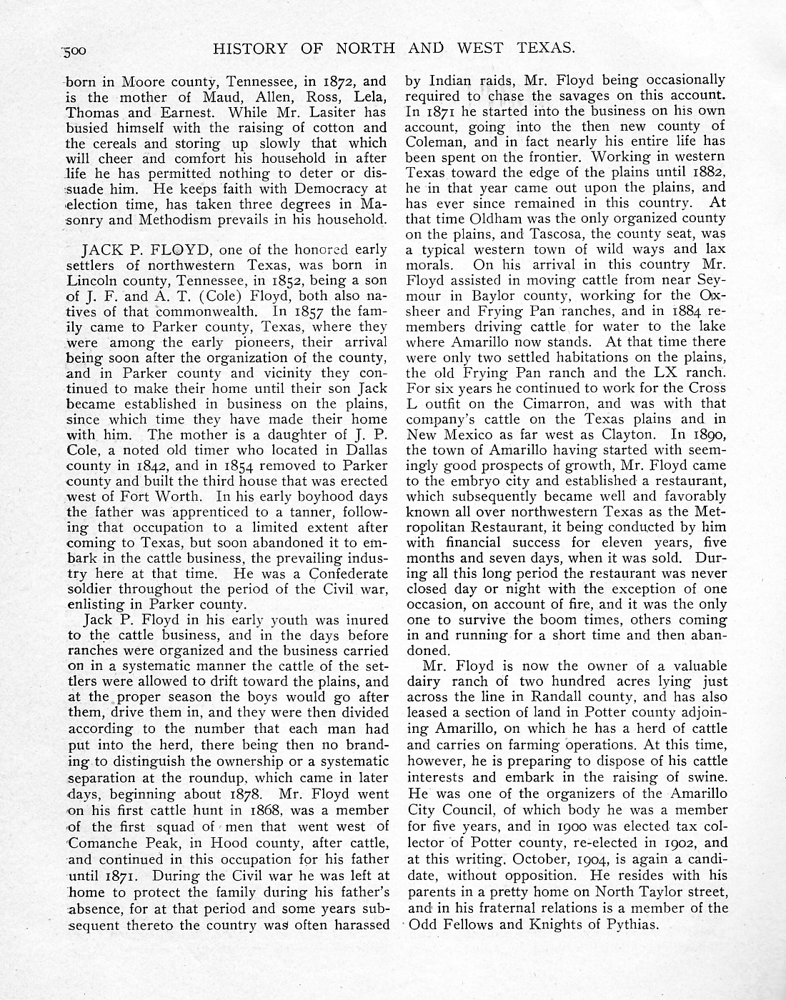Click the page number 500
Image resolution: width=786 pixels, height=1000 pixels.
(73, 50)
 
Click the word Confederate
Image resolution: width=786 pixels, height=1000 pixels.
(348, 574)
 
